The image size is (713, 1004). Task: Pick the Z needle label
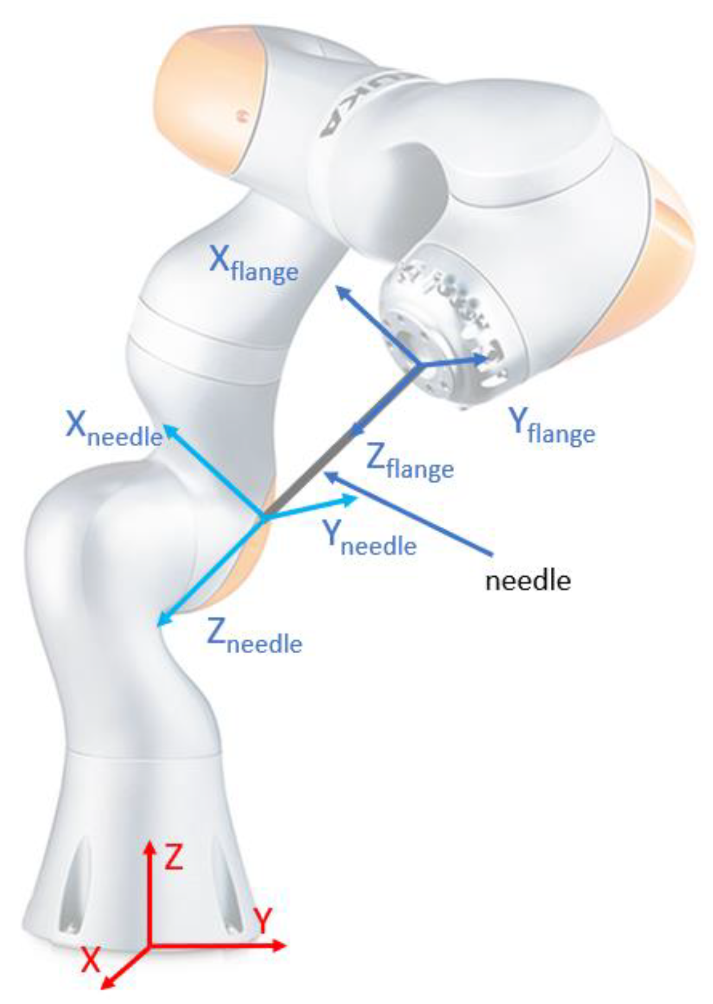254,636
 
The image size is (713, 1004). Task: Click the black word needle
527,581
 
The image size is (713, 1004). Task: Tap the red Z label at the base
174,858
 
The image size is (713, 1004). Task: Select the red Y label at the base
263,921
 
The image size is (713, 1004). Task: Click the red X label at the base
91,960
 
